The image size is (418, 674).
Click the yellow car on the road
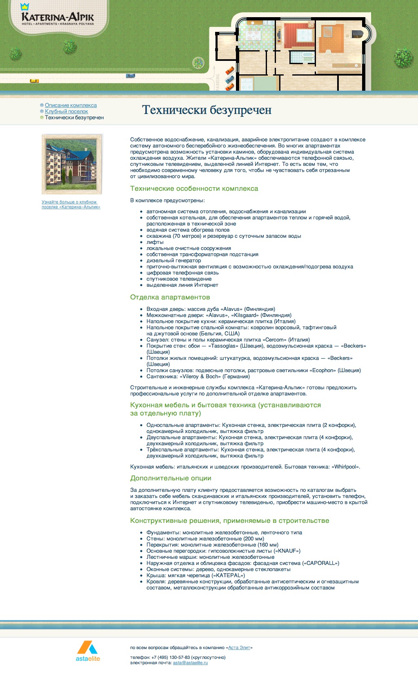pos(34,81)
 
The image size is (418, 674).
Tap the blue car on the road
pos(130,76)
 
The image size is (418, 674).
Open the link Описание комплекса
pos(71,105)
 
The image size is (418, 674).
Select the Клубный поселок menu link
pos(66,112)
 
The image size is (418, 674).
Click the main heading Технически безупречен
pos(207,110)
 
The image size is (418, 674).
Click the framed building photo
pos(72,164)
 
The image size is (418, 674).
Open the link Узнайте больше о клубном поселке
pos(71,204)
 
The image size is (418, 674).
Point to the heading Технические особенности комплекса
pos(194,189)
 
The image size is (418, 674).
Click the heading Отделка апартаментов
pos(170,297)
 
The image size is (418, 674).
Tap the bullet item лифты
pos(155,242)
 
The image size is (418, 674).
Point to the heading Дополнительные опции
pos(171,478)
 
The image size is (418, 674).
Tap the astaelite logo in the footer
pos(88,652)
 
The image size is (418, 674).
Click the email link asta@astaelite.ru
pos(190,663)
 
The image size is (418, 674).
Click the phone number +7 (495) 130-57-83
pos(171,657)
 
